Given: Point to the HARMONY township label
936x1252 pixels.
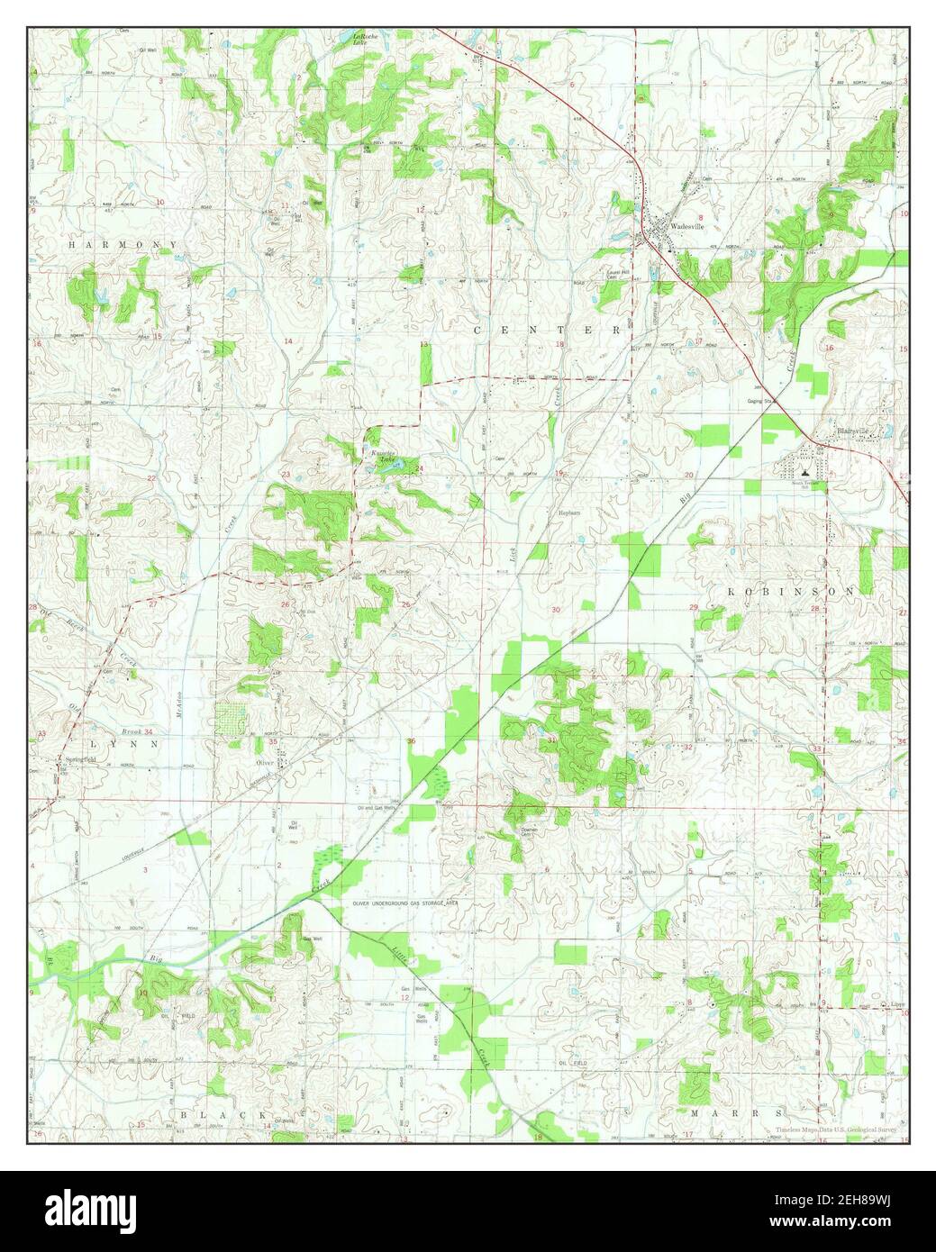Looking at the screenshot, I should click(x=109, y=245).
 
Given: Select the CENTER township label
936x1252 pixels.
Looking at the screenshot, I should click(x=548, y=331).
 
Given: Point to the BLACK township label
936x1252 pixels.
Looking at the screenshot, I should click(x=223, y=1114).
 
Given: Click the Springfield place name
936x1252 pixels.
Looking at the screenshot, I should click(x=80, y=758).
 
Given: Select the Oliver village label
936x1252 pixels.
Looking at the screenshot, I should click(x=264, y=762).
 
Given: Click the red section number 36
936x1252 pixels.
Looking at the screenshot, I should click(x=412, y=741).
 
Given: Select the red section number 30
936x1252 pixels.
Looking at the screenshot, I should click(x=556, y=611).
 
